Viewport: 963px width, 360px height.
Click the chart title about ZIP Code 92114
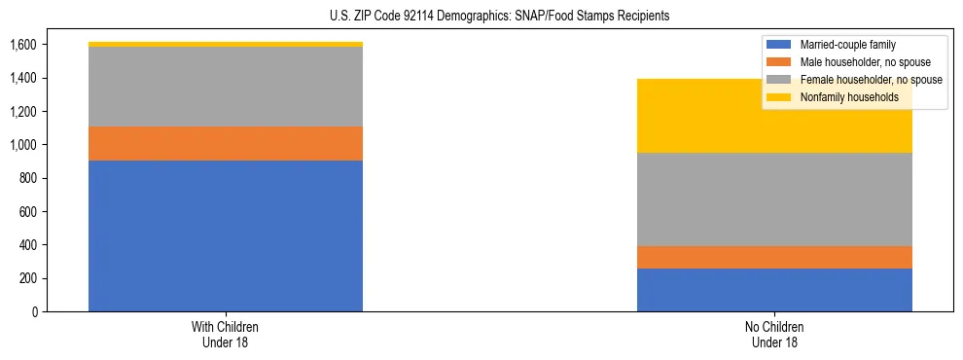pyautogui.click(x=481, y=17)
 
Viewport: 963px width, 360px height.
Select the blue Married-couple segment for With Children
pyautogui.click(x=226, y=235)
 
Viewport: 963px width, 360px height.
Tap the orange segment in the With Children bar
pyautogui.click(x=226, y=143)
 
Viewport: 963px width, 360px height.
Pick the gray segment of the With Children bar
pyautogui.click(x=226, y=87)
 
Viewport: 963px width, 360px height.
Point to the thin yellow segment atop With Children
pyautogui.click(x=226, y=44)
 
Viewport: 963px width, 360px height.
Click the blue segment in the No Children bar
pyautogui.click(x=775, y=290)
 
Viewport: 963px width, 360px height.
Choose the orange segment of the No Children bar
pyautogui.click(x=775, y=257)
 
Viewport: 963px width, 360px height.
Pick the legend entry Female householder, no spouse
pyautogui.click(x=862, y=80)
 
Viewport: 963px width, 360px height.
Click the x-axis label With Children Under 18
pyautogui.click(x=226, y=334)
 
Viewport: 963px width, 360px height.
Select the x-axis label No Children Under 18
pyautogui.click(x=775, y=334)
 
